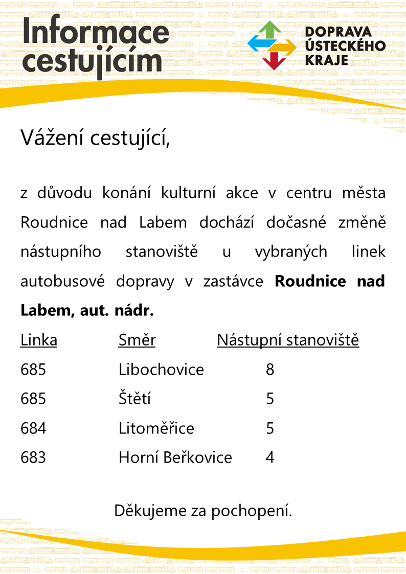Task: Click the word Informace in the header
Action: (x=96, y=33)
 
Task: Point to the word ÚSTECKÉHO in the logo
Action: (x=345, y=46)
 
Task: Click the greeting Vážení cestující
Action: (x=95, y=137)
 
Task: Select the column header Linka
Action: (x=39, y=340)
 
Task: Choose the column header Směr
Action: (x=137, y=340)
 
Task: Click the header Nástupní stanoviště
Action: (x=288, y=340)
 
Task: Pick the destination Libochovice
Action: (x=161, y=369)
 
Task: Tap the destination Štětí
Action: (x=134, y=399)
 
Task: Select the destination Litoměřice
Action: (x=156, y=428)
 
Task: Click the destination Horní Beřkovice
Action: (x=175, y=457)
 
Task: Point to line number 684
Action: (x=33, y=428)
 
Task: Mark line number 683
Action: (x=33, y=457)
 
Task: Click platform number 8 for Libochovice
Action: (x=270, y=369)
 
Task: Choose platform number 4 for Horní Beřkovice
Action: (x=270, y=457)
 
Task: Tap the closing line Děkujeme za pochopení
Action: (x=203, y=510)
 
